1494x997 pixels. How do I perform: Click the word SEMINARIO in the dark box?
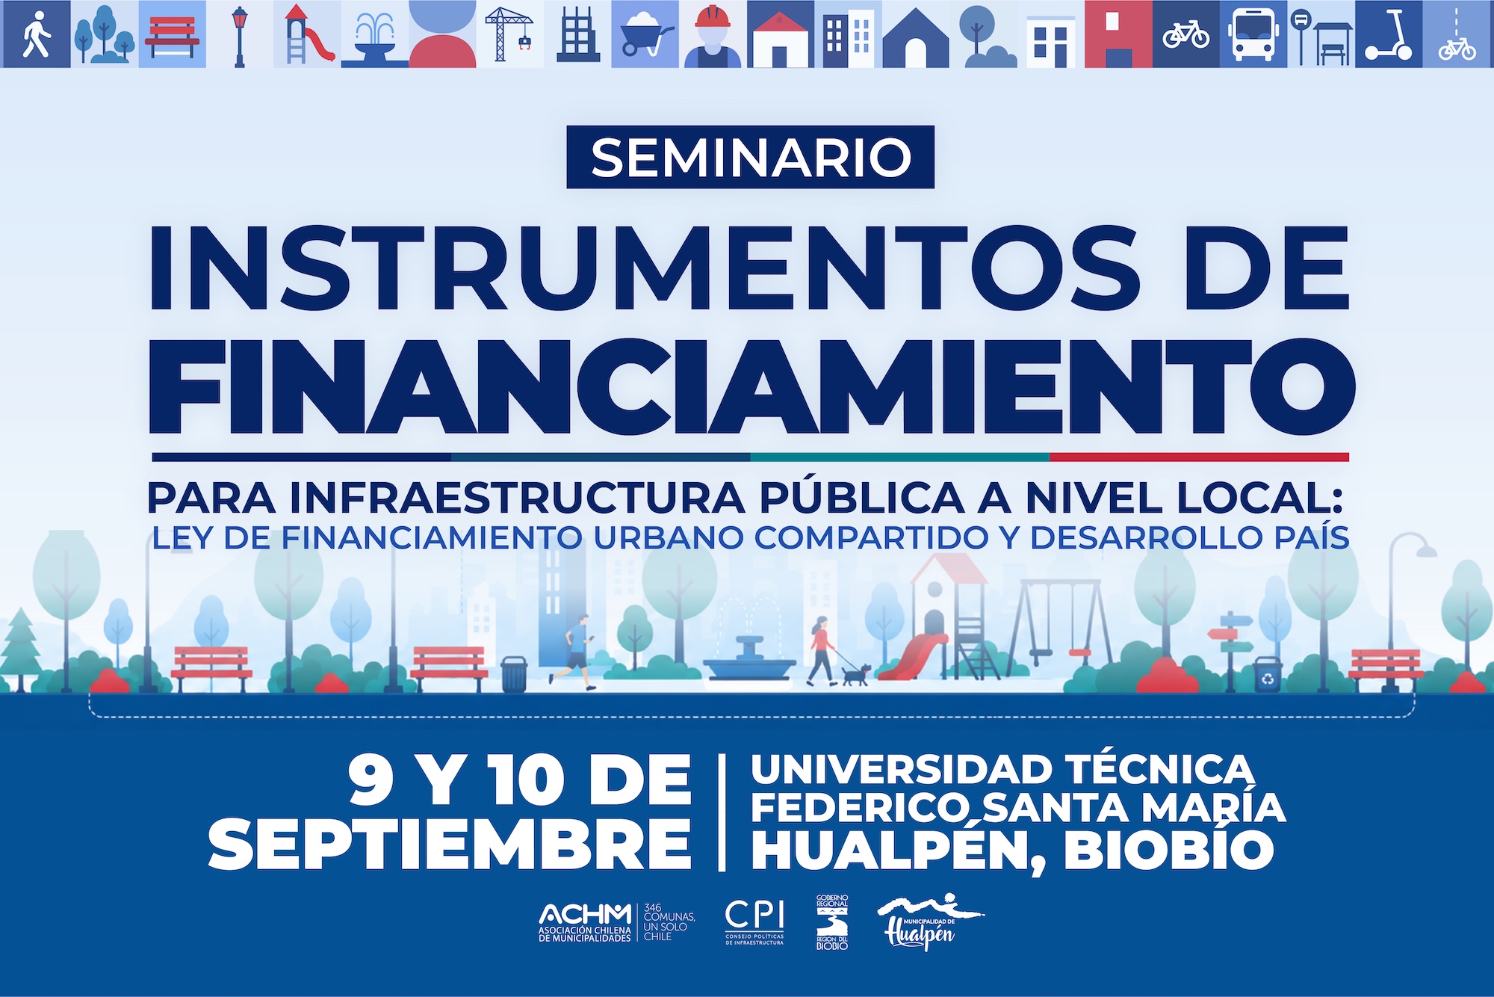[751, 157]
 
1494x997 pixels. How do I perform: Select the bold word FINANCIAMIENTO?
[751, 386]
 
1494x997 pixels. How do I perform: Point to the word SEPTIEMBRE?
[450, 844]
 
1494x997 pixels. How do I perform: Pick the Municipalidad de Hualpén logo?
[929, 922]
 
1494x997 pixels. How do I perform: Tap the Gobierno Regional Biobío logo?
[832, 922]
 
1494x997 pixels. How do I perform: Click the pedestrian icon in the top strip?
[36, 34]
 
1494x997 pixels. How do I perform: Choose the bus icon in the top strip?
[1253, 34]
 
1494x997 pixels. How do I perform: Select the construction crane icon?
[509, 33]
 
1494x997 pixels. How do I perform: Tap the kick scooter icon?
[1389, 34]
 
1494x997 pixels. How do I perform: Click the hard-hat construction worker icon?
[713, 34]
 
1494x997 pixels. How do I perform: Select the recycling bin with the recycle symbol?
[1268, 675]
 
